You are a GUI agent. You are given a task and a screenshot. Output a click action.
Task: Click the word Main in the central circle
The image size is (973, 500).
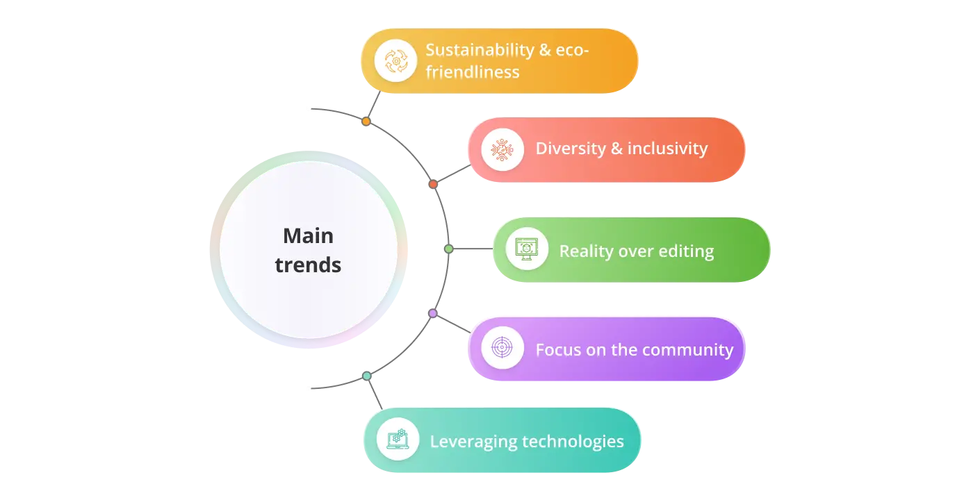[308, 236]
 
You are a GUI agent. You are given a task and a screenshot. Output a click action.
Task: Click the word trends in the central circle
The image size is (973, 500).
[308, 265]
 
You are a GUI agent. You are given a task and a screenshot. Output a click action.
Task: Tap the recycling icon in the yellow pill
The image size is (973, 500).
[395, 61]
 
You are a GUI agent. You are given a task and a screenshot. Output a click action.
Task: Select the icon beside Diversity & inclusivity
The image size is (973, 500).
[502, 149]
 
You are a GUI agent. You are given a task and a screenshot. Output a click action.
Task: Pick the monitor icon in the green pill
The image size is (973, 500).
[527, 249]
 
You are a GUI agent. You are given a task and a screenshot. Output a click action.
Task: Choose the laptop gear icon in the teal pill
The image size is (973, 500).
[398, 439]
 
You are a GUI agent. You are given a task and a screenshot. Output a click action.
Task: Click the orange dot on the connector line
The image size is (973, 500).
[366, 122]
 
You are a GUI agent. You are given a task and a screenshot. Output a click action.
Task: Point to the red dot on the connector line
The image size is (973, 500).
[433, 184]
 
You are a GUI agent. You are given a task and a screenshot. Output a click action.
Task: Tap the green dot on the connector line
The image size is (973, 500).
[449, 249]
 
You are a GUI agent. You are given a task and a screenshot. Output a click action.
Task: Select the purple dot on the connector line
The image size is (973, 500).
[432, 314]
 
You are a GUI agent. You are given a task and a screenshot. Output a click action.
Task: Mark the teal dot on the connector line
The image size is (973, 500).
[366, 376]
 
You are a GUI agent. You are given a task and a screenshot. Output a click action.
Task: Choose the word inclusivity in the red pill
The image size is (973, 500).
[668, 149]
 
